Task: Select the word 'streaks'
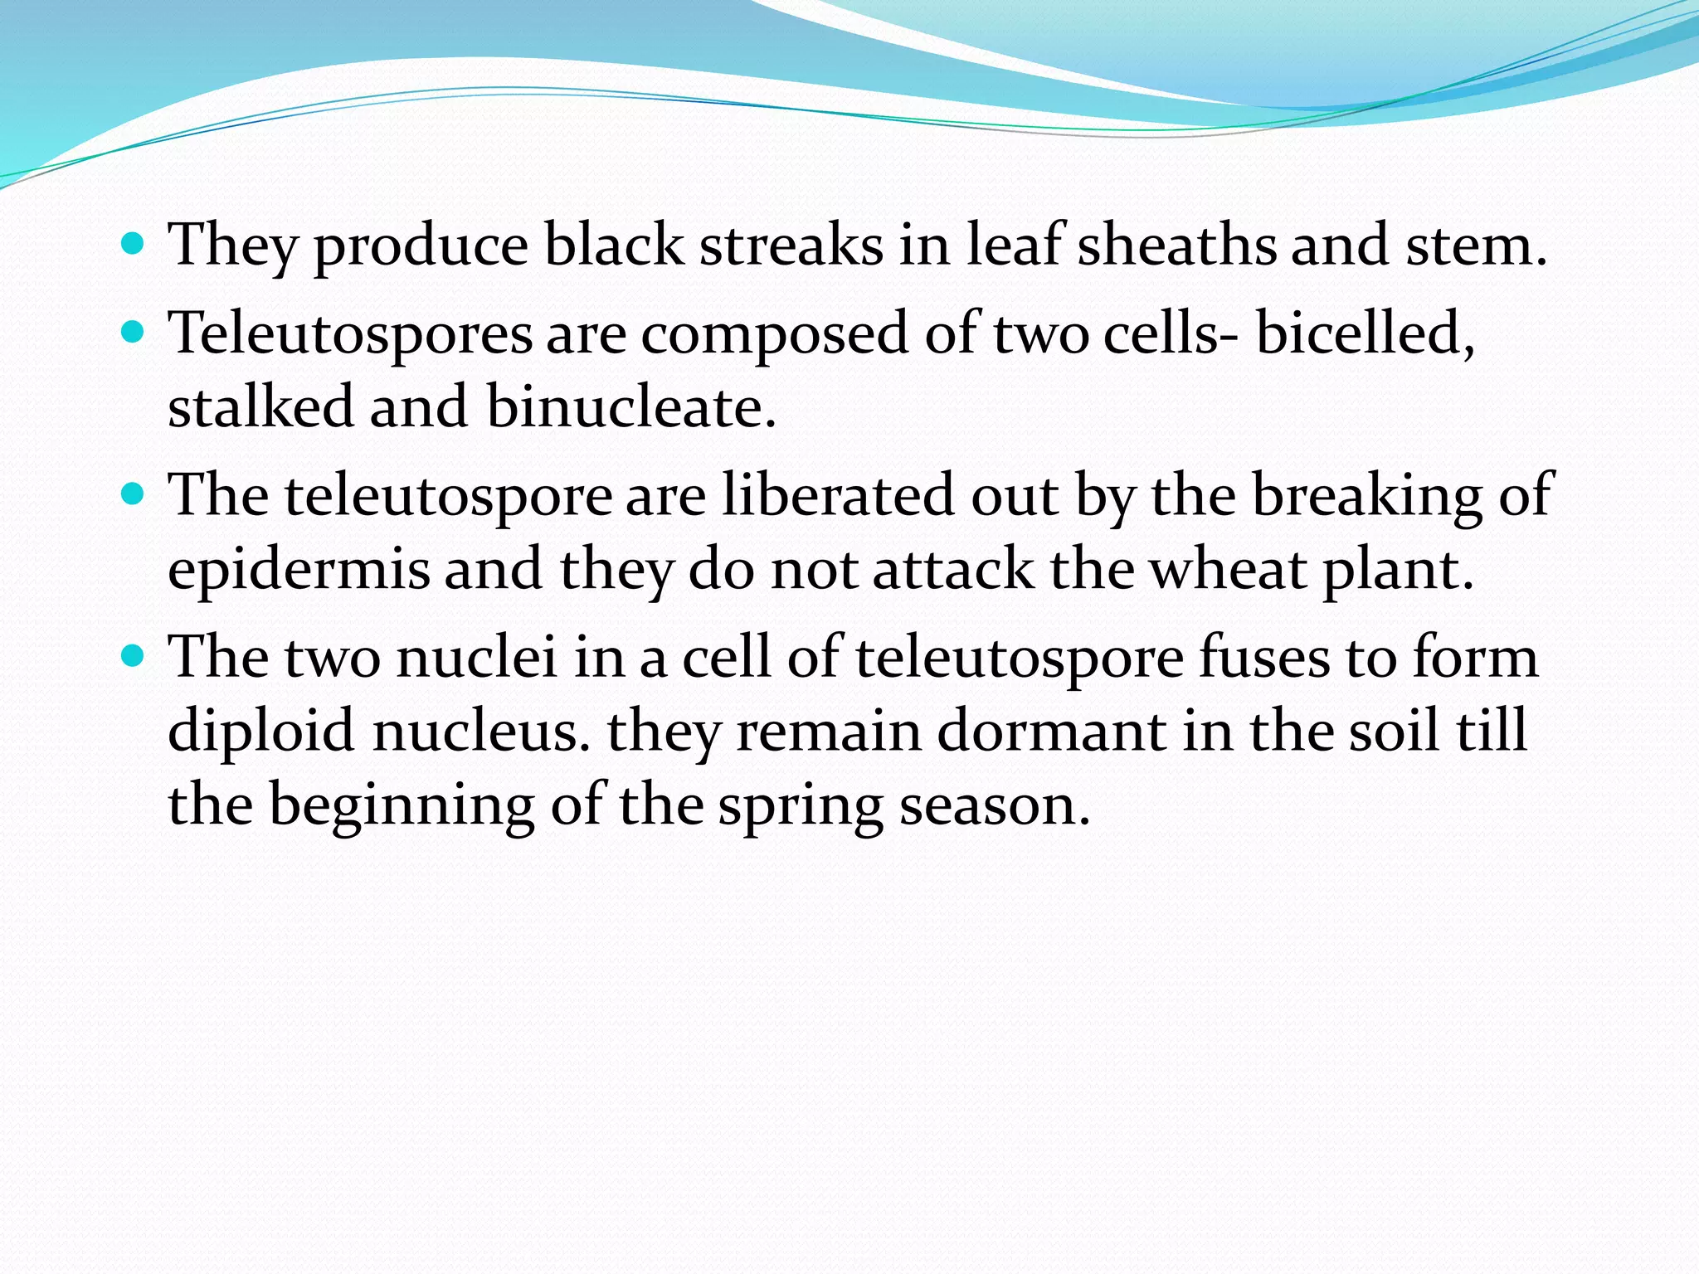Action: [x=791, y=246]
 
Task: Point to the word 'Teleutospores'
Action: [x=350, y=334]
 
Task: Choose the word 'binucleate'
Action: [x=630, y=407]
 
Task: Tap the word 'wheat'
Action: [x=1229, y=571]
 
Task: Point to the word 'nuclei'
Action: [x=476, y=658]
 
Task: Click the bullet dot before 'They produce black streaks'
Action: [x=133, y=245]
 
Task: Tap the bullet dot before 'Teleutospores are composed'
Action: [x=133, y=333]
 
